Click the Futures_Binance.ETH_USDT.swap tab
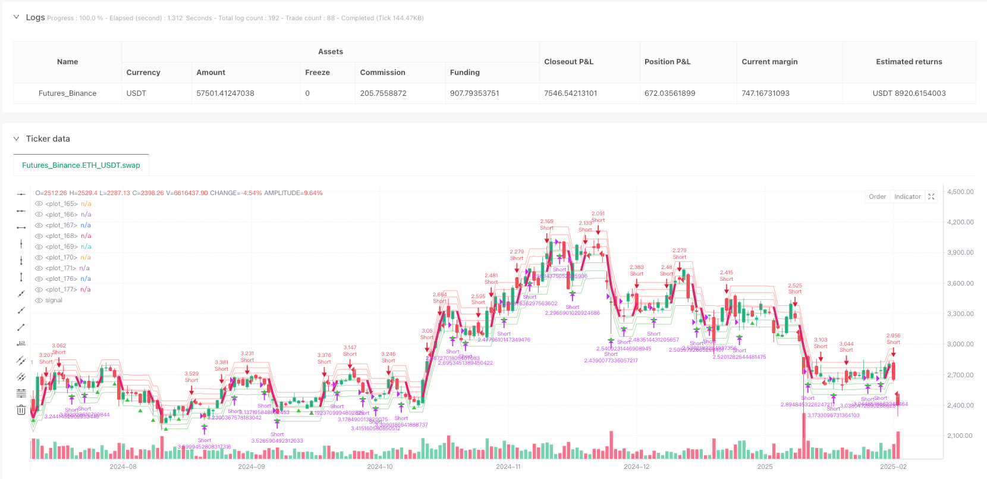[x=81, y=165]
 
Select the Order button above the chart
[x=877, y=197]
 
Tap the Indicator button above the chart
[x=907, y=197]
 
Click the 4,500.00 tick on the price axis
[x=960, y=192]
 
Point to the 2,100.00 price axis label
[x=960, y=436]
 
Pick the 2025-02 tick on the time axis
[x=893, y=467]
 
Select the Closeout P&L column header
[x=568, y=62]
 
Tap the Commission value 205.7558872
[x=383, y=93]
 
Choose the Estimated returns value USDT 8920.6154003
[x=909, y=93]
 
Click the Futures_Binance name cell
[x=67, y=93]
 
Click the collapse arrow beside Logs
[x=16, y=17]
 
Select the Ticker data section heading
[x=48, y=139]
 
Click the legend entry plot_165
[x=61, y=204]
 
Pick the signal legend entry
[x=54, y=300]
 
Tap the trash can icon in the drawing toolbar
[x=21, y=409]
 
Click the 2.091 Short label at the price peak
[x=598, y=217]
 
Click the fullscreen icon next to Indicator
[x=931, y=197]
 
